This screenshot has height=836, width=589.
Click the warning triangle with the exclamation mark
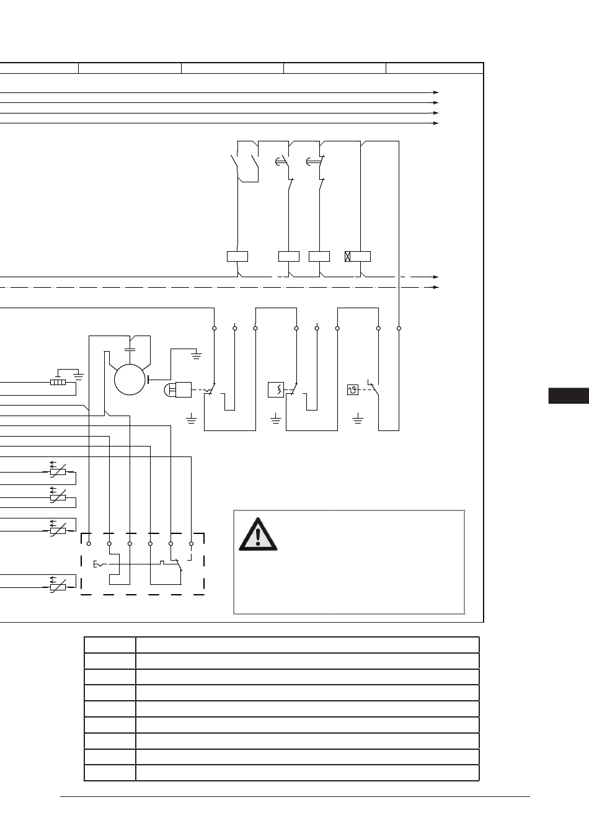click(x=259, y=535)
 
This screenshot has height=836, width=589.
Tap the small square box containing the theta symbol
click(x=353, y=390)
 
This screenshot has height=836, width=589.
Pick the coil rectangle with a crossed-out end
click(x=358, y=256)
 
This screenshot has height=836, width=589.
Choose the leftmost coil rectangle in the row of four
click(x=237, y=256)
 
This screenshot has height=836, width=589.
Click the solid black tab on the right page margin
click(x=569, y=396)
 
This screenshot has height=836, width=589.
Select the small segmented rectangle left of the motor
click(x=58, y=383)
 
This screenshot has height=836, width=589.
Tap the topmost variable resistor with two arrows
click(x=57, y=471)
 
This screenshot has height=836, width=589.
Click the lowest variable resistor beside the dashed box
click(x=57, y=586)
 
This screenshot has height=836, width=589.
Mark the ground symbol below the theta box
click(x=358, y=421)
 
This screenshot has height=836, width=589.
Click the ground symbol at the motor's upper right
click(x=197, y=355)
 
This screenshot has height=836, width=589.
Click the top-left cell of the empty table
click(x=110, y=644)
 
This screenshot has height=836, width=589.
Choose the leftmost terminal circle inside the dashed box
click(x=89, y=544)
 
